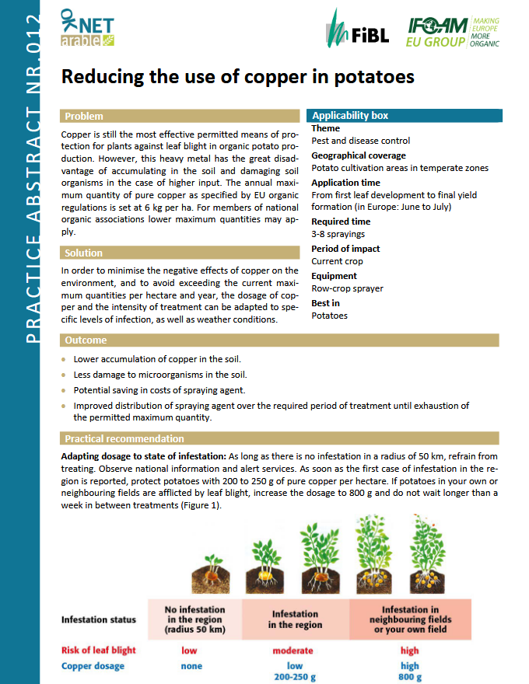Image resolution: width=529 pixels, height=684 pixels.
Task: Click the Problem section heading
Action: coord(84,117)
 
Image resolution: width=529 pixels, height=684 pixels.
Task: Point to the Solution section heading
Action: coord(84,253)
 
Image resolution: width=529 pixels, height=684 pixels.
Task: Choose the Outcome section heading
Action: coord(86,340)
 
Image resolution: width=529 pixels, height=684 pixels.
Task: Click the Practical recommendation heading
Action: coord(124,438)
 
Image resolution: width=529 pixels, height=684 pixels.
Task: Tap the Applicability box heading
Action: coord(350,116)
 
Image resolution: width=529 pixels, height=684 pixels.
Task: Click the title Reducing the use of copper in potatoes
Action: coord(237,77)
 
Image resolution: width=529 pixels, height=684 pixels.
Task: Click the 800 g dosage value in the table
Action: coord(410,676)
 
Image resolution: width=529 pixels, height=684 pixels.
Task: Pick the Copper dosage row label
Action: coord(93,666)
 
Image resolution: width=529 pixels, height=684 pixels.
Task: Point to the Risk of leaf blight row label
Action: coord(99,650)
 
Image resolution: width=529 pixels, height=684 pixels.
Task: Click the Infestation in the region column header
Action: coord(295,619)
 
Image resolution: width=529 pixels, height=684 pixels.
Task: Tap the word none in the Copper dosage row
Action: coord(191,666)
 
